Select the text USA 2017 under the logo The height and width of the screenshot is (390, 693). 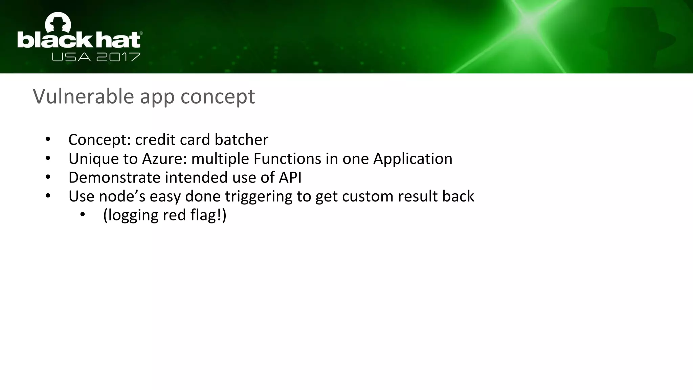tap(96, 57)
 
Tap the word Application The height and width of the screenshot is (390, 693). tap(412, 159)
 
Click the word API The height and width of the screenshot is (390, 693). tap(290, 177)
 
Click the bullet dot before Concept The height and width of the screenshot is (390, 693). tap(48, 139)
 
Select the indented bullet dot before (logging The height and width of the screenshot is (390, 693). tap(83, 215)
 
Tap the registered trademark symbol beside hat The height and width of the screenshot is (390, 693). tap(141, 33)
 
